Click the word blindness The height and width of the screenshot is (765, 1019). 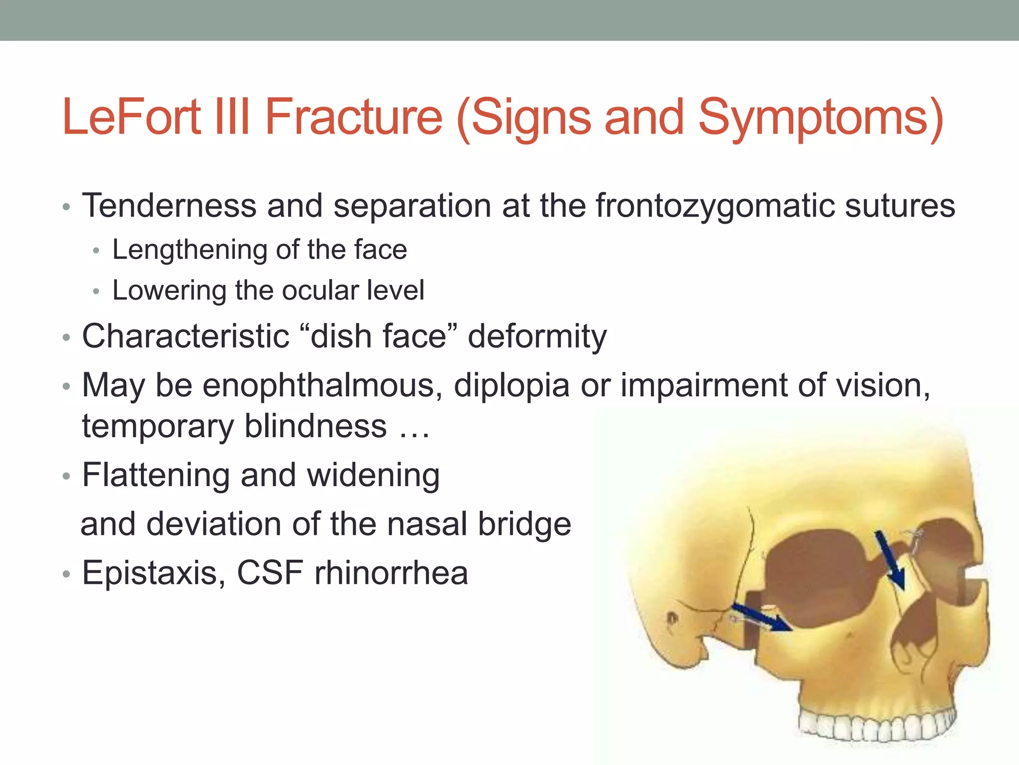coord(315,426)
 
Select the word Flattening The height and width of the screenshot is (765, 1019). coord(156,475)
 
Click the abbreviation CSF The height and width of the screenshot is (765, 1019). coord(270,573)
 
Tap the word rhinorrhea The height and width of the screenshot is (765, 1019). coord(391,573)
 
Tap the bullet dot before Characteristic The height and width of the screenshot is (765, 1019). coord(67,338)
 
